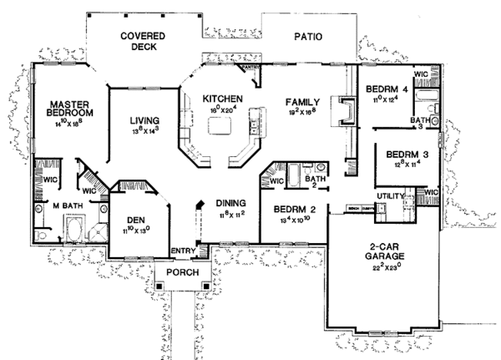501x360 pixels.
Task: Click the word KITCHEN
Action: pos(222,98)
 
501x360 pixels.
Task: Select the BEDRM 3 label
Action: pos(402,155)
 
